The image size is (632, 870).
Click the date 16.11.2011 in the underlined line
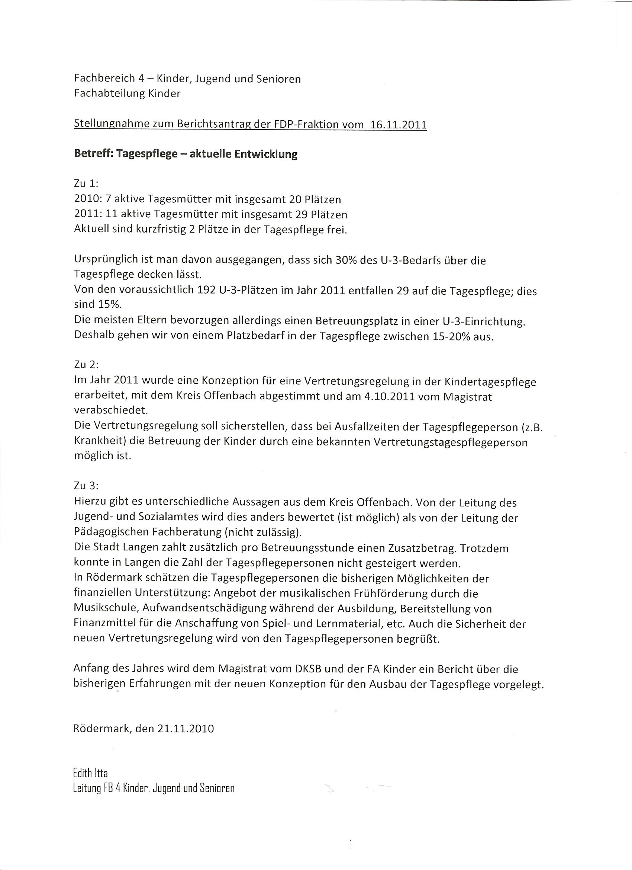tap(399, 125)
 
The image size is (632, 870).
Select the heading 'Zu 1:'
tap(86, 184)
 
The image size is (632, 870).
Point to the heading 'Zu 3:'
tap(86, 486)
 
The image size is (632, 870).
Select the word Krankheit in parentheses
tap(100, 442)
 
